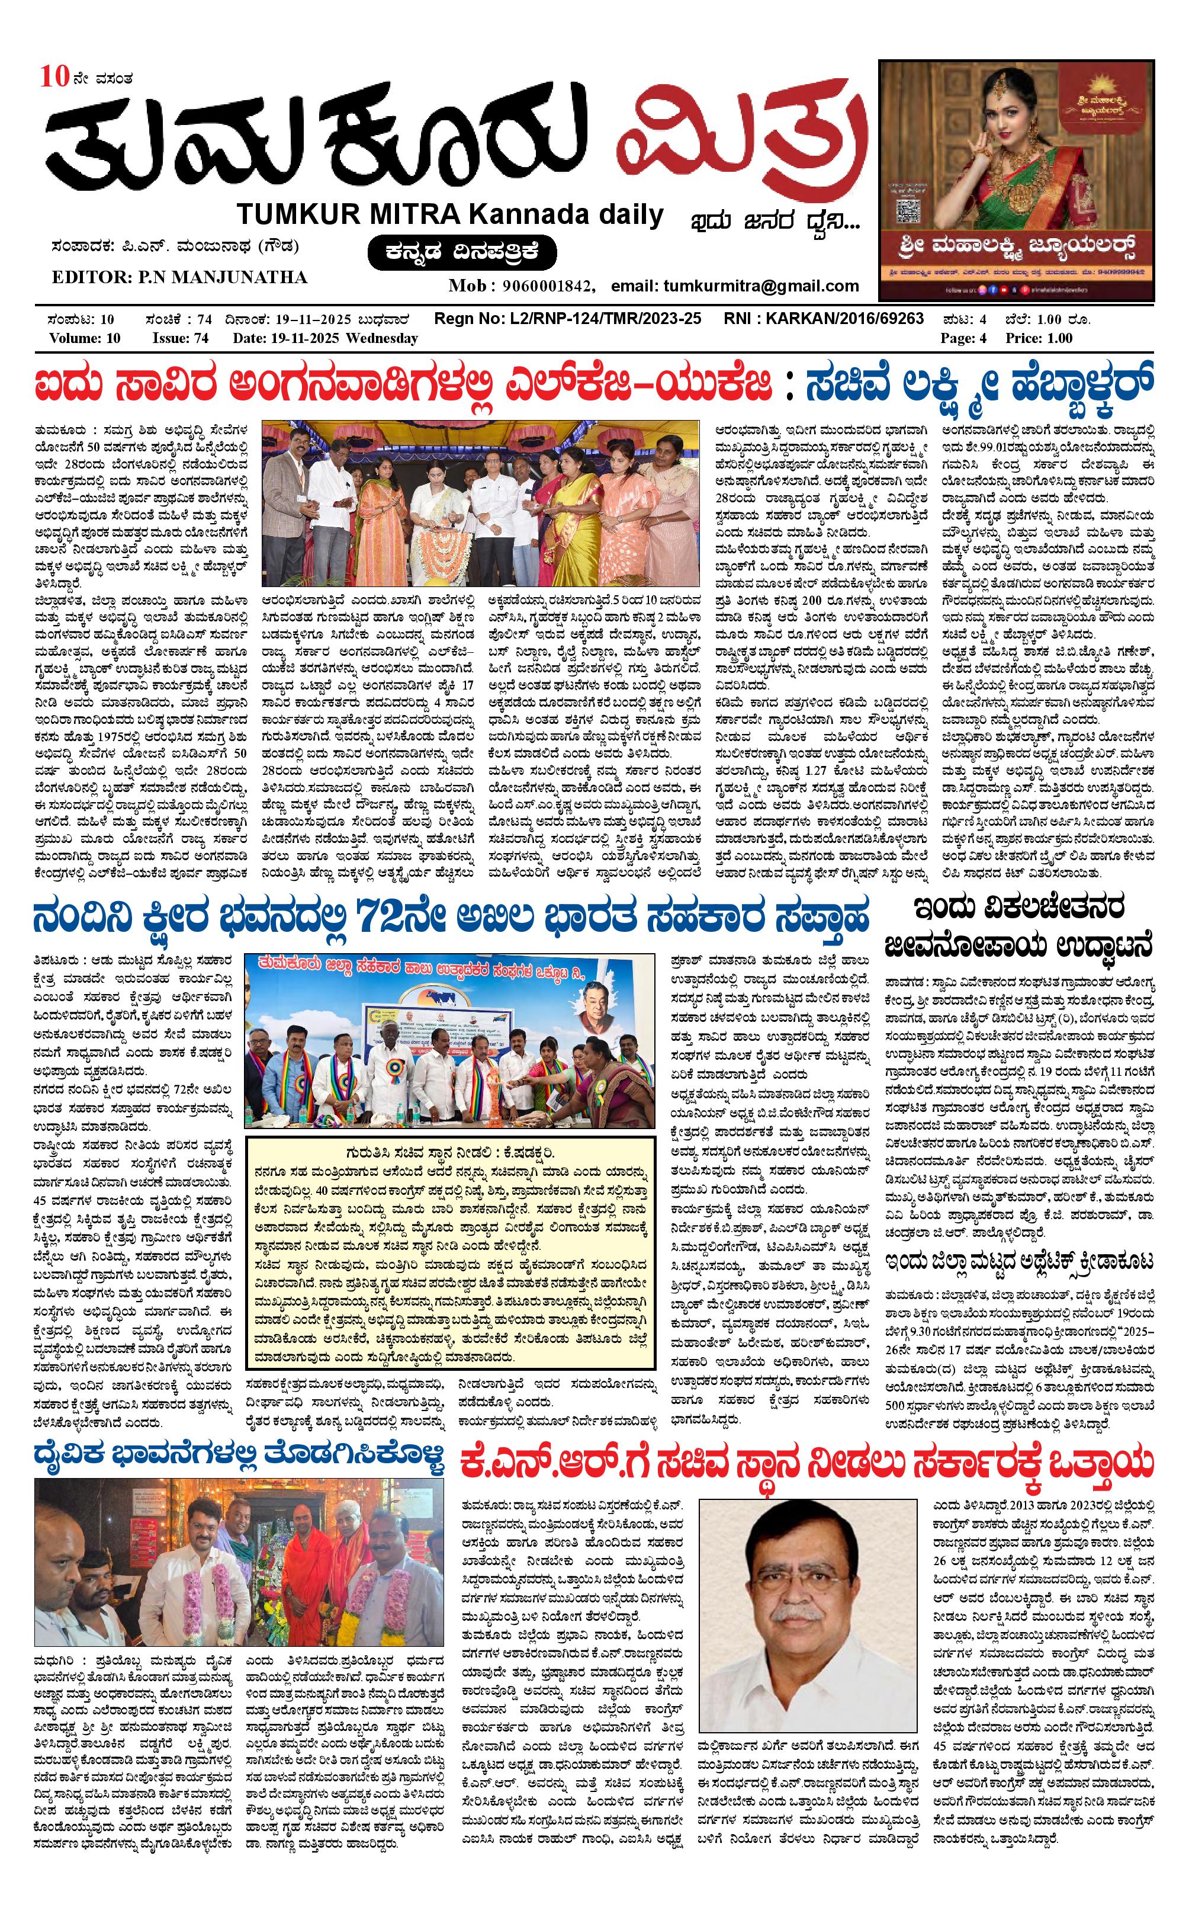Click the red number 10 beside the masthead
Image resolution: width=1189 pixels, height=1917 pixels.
(x=57, y=77)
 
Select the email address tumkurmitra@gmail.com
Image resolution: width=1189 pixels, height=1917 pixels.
(x=760, y=286)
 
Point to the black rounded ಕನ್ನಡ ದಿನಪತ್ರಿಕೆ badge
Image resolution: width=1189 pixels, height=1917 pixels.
(x=462, y=252)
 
